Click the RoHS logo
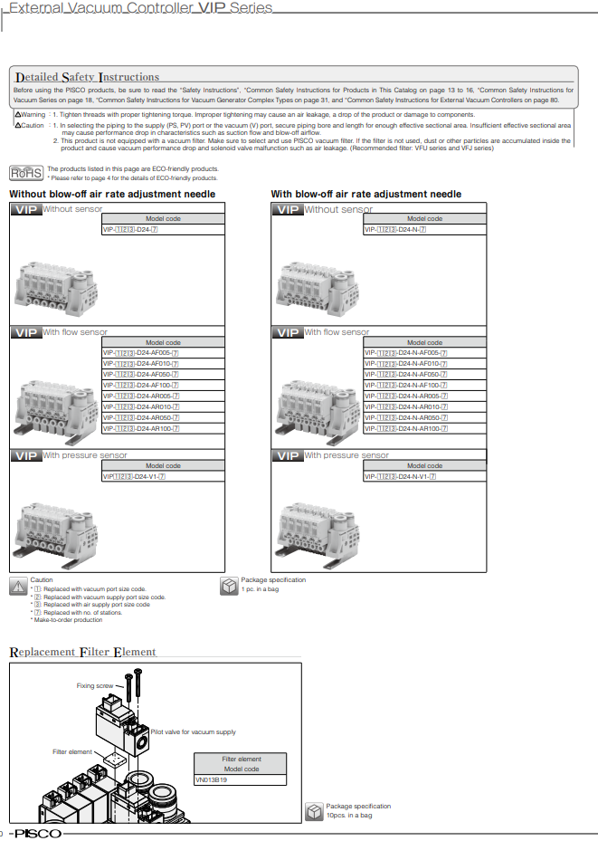26,172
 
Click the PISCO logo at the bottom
37,833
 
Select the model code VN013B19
212,779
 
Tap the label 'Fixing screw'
95,685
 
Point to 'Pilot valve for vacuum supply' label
193,731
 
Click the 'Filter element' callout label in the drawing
72,751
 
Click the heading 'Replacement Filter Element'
82,652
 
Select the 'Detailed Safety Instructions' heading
87,77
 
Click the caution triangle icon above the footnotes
18,586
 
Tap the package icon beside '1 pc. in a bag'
229,586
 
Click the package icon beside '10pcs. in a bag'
314,810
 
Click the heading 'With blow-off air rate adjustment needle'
365,195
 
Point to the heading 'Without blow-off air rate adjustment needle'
112,195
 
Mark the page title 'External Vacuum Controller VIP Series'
140,9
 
